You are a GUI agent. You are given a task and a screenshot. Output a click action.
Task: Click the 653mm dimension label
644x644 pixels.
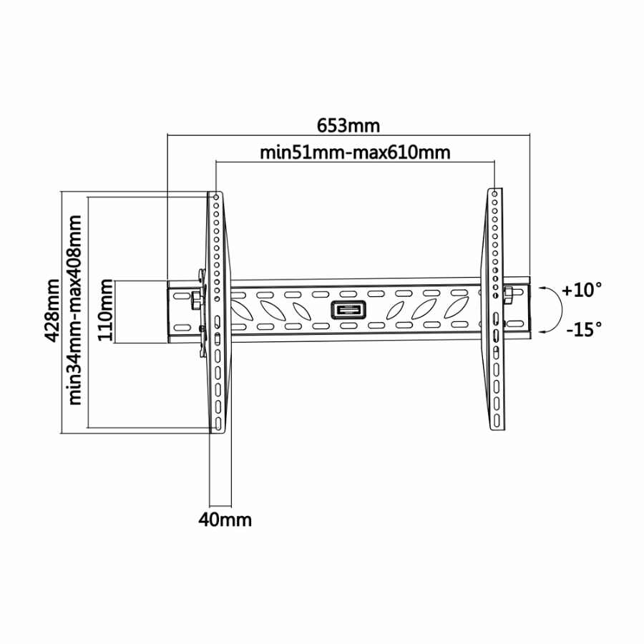pos(348,126)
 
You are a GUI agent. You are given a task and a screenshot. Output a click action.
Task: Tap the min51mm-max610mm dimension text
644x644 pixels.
pos(355,153)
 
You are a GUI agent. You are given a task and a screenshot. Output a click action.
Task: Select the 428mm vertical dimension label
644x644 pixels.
pos(52,311)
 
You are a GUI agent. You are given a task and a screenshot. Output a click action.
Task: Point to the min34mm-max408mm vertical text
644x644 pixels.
pos(75,311)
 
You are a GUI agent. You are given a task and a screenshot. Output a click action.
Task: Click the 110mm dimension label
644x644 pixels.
pos(105,310)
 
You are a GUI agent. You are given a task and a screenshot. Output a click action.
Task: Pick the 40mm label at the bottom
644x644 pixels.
pos(225,520)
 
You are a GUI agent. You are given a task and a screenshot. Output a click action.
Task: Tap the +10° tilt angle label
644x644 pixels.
pos(582,290)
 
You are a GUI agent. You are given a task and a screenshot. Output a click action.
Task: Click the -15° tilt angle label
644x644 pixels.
pos(584,329)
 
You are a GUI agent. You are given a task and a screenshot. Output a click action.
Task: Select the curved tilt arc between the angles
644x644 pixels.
pos(561,310)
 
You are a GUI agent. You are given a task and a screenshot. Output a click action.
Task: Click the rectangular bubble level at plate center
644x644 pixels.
pos(348,310)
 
